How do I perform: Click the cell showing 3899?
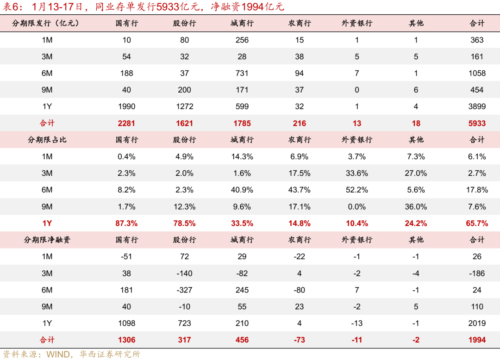[x=477, y=106]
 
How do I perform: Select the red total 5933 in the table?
[x=477, y=123]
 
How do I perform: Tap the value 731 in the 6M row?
[x=242, y=73]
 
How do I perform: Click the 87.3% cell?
[x=126, y=223]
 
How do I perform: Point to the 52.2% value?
[x=357, y=190]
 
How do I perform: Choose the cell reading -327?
[x=184, y=290]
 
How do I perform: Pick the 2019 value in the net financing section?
[x=477, y=323]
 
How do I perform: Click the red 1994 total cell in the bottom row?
[x=477, y=340]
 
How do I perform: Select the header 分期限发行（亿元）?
[x=46, y=23]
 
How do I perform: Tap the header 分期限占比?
[x=47, y=140]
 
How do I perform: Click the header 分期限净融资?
[x=47, y=240]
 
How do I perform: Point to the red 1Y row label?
[x=47, y=223]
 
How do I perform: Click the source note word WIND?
[x=57, y=354]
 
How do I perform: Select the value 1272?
[x=184, y=106]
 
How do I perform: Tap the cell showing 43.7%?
[x=300, y=190]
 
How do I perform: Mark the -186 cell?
[x=477, y=273]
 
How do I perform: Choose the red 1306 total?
[x=126, y=340]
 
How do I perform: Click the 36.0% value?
[x=416, y=207]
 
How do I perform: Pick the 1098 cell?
[x=126, y=323]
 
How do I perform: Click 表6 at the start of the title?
[x=12, y=7]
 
